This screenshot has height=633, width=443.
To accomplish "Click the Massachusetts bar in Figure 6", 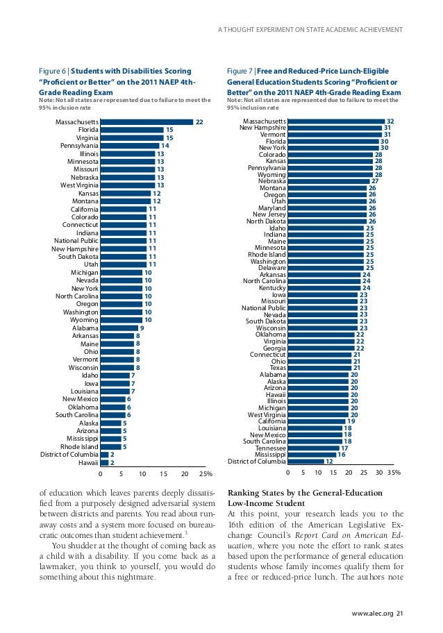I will [x=147, y=121].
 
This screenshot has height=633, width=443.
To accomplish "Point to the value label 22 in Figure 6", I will [x=199, y=121].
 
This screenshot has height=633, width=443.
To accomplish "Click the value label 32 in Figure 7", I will [x=390, y=121].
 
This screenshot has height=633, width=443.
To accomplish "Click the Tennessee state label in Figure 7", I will [x=271, y=448].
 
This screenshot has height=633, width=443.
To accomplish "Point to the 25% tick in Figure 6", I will [x=206, y=474].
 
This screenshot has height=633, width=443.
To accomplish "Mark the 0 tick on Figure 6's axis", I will [x=101, y=474].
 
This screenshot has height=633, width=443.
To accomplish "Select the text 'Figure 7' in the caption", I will [x=241, y=71].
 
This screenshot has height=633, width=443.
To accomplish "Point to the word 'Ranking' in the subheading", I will [x=243, y=493].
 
